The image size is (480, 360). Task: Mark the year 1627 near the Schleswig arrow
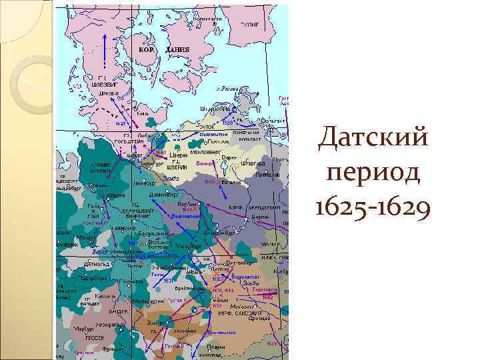(x=121, y=124)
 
